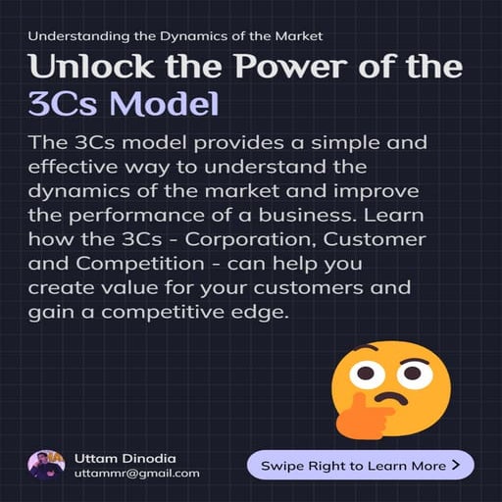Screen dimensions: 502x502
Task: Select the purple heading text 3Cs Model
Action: tap(124, 105)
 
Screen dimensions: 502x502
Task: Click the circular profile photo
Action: tap(46, 464)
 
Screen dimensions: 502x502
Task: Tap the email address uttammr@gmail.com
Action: tap(137, 474)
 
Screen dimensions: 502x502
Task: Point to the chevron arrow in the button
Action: tap(455, 465)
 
